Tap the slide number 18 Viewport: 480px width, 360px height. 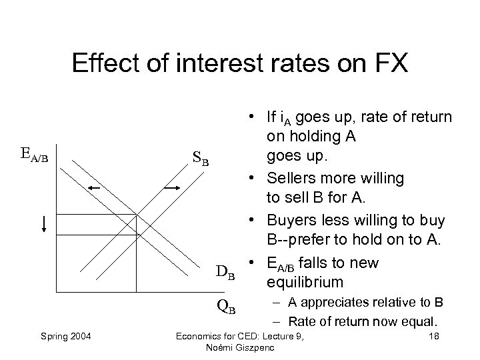point(435,334)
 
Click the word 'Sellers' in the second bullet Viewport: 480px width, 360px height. point(289,178)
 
